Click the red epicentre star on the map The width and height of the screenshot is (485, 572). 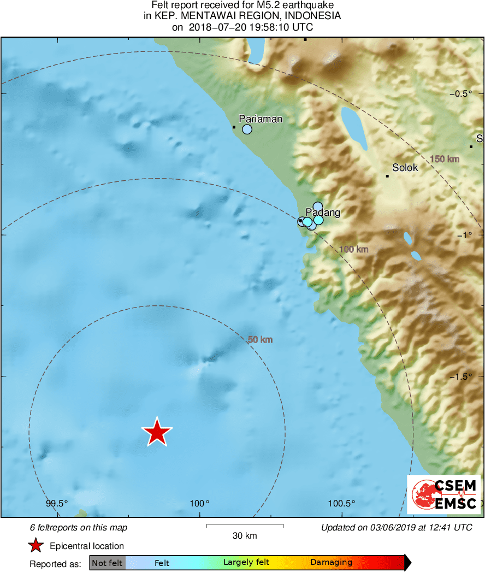click(x=157, y=432)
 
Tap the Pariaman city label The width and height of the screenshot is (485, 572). click(x=261, y=119)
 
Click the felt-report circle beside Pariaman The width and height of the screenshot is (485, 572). click(x=247, y=129)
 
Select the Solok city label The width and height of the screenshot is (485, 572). click(x=405, y=168)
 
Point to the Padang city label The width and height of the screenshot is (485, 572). click(x=323, y=213)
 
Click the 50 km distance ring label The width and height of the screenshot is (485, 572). click(x=260, y=340)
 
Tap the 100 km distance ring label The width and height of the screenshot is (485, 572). click(x=354, y=250)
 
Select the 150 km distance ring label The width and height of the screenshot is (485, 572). click(x=445, y=159)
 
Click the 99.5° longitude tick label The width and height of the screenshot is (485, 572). click(x=56, y=503)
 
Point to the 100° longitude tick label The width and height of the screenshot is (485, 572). click(x=200, y=503)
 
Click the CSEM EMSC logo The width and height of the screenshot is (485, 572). click(x=444, y=494)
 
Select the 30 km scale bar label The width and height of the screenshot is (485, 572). click(x=245, y=536)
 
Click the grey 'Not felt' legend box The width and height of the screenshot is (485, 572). click(x=108, y=563)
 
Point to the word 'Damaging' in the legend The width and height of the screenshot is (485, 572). click(x=331, y=562)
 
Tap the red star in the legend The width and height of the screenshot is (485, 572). click(x=36, y=545)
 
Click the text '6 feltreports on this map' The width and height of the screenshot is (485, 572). click(x=79, y=528)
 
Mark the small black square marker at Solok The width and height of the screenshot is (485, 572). click(x=387, y=176)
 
